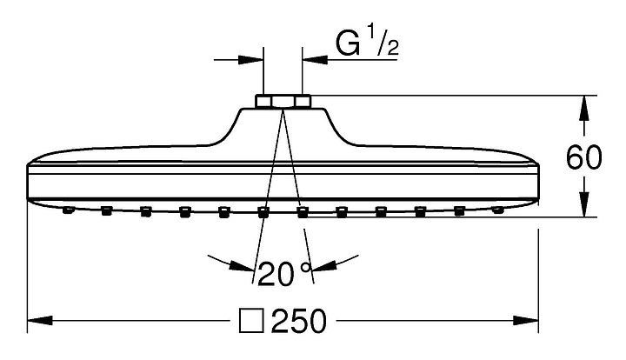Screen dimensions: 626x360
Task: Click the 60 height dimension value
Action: (583, 157)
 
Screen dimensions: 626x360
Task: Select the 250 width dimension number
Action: (298, 321)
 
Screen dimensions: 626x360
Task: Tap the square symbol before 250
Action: (251, 321)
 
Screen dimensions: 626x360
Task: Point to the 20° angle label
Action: (283, 273)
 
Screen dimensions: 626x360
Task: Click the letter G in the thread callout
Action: (348, 43)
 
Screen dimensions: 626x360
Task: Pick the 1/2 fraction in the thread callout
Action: (382, 43)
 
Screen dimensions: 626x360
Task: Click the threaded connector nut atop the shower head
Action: (283, 101)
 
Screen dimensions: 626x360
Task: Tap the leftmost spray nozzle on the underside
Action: (69, 210)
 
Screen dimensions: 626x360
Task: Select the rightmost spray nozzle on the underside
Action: (497, 210)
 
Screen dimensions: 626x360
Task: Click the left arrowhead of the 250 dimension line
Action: (40, 321)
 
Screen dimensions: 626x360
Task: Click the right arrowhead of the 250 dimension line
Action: (525, 321)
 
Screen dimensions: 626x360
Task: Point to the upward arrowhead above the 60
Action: (584, 109)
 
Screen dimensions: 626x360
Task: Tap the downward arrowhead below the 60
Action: (584, 204)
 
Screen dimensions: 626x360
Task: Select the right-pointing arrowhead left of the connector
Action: (250, 60)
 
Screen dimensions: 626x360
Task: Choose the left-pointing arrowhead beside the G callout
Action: (316, 60)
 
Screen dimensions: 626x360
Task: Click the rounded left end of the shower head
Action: (30, 182)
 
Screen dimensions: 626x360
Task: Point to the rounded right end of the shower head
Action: (536, 182)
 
